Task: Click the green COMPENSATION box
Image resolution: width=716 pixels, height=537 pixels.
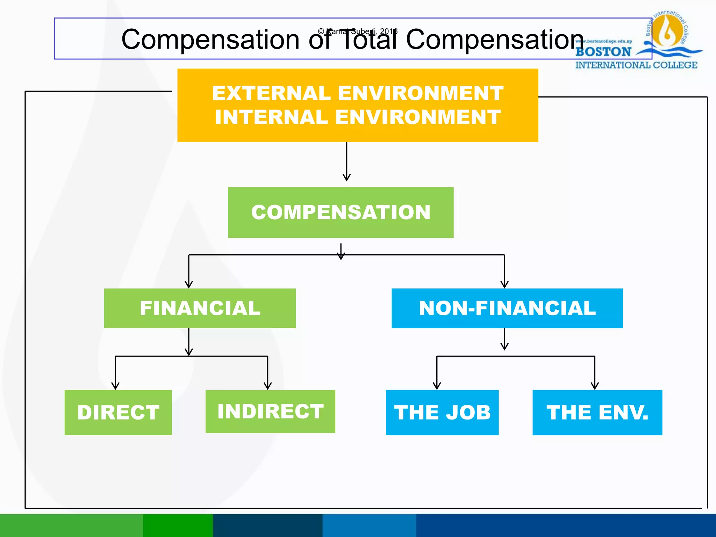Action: (x=341, y=212)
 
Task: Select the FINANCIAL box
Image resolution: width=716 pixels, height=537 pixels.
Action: (x=200, y=308)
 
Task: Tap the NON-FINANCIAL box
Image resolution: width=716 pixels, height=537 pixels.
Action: (x=507, y=308)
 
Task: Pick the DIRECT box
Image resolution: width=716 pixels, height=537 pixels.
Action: (x=118, y=412)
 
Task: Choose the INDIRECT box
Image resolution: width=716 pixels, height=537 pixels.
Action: (x=270, y=411)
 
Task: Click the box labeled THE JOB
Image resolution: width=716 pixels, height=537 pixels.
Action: (x=442, y=412)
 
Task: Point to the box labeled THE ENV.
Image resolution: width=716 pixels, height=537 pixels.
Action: (x=597, y=412)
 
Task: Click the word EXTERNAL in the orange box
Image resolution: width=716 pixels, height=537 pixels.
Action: (x=271, y=93)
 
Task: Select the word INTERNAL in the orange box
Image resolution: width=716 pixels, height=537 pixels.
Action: (x=271, y=117)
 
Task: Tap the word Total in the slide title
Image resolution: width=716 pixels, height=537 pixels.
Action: (x=369, y=40)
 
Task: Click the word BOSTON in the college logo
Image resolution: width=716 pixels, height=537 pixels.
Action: (x=603, y=52)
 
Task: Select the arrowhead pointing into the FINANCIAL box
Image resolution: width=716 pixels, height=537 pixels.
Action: (x=189, y=284)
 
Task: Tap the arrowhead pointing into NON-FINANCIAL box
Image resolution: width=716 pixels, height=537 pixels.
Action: (x=504, y=284)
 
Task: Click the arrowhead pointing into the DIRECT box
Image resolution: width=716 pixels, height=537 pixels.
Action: (x=115, y=386)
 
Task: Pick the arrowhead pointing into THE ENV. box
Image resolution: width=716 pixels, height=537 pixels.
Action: (x=595, y=386)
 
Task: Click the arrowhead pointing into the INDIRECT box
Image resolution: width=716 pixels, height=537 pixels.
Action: (x=268, y=386)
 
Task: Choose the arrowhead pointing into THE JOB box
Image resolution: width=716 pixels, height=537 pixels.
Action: (x=437, y=386)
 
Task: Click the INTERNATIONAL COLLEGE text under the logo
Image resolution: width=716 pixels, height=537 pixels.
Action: (x=636, y=65)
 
